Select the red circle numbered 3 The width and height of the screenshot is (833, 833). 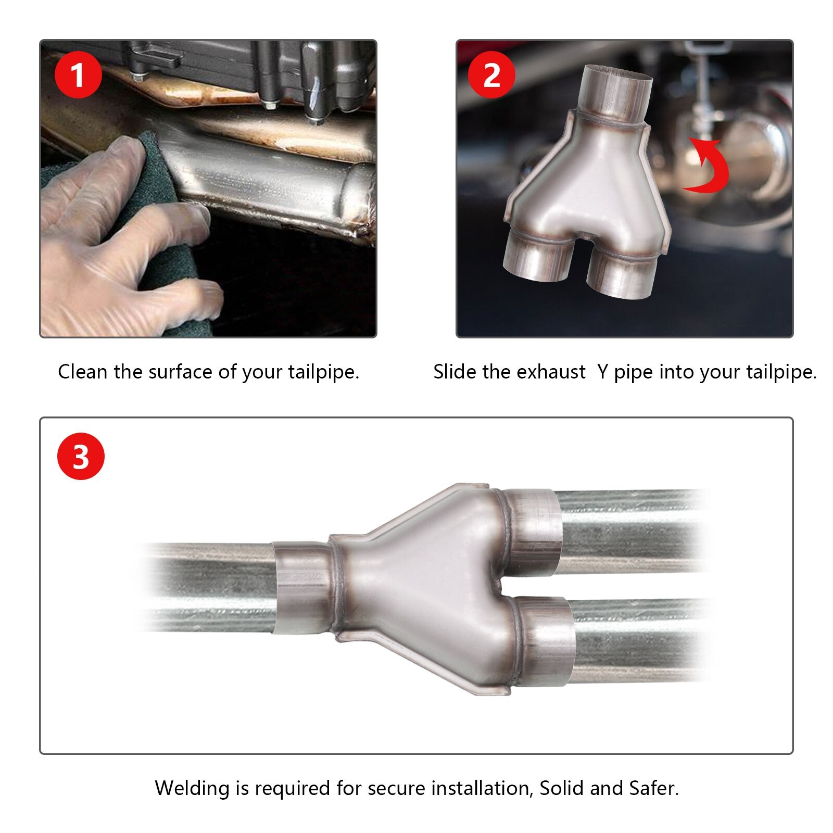coord(81,457)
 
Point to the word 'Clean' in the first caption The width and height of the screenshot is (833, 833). coord(83,372)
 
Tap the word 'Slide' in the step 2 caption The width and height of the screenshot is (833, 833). coord(455,372)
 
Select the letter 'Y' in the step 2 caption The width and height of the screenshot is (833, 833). coord(602,372)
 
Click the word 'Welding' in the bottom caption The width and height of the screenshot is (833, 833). coord(192,788)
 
